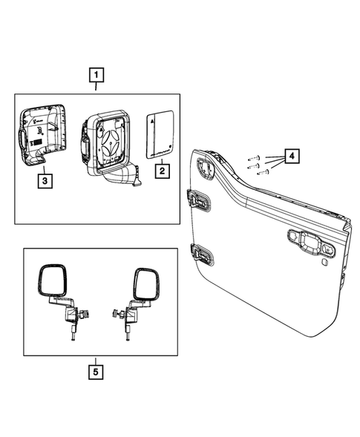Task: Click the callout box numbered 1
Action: pyautogui.click(x=96, y=75)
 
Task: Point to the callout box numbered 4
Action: pyautogui.click(x=292, y=157)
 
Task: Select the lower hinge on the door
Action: pyautogui.click(x=201, y=253)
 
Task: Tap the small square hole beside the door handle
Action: pyautogui.click(x=324, y=261)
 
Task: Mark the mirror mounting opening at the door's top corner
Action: pyautogui.click(x=205, y=165)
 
